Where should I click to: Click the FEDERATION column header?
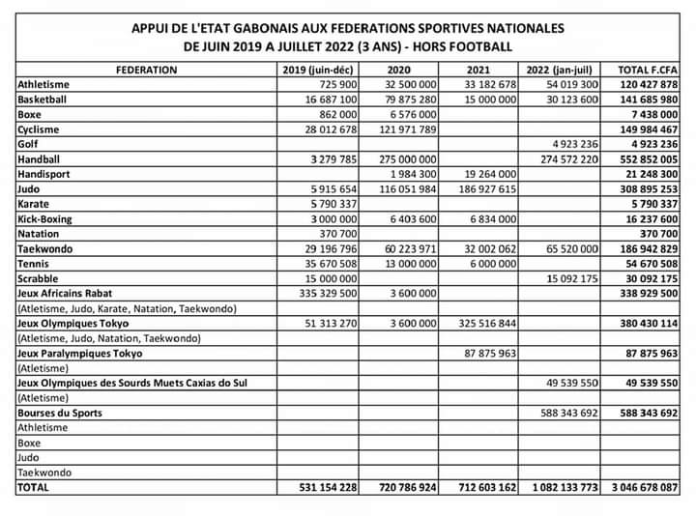tap(146, 70)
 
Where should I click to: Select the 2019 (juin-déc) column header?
tap(319, 70)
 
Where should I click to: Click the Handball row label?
tap(41, 159)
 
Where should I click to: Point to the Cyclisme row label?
tap(39, 129)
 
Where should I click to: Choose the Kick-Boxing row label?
tap(46, 219)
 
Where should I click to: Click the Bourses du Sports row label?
tap(60, 414)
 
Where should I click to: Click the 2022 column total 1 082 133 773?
tap(564, 489)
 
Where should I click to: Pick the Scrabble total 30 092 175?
tap(647, 279)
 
